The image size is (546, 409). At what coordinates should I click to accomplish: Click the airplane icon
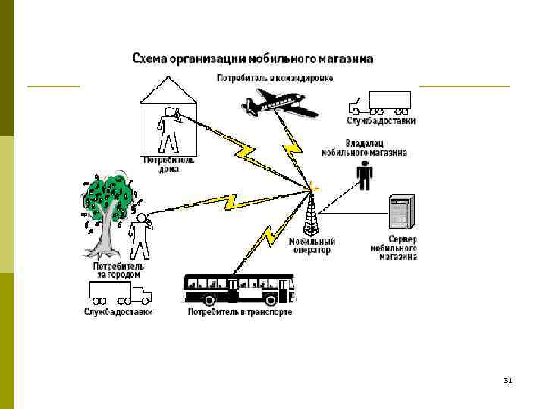(x=281, y=104)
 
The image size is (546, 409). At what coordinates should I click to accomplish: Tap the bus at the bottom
(x=238, y=289)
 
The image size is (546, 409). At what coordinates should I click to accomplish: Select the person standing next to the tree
(x=140, y=236)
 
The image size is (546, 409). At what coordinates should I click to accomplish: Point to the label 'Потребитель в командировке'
(x=275, y=78)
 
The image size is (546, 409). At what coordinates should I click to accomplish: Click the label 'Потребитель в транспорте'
(x=240, y=311)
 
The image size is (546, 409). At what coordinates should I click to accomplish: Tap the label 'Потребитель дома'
(x=169, y=164)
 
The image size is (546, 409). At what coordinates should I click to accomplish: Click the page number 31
(x=508, y=380)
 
